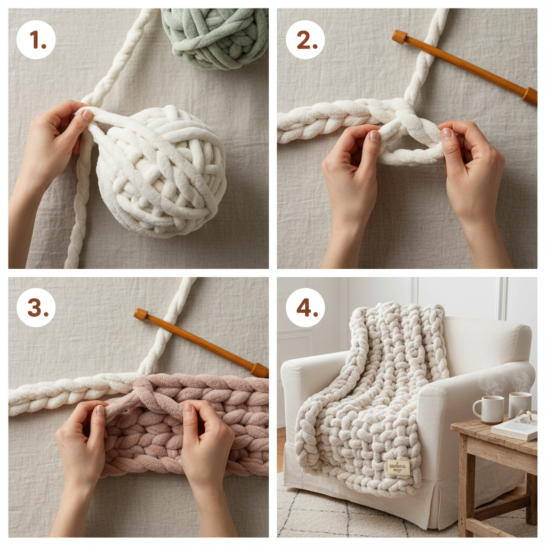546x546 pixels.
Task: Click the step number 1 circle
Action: click(36, 39)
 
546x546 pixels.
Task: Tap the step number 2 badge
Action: click(306, 39)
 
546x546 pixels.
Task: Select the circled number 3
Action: click(36, 308)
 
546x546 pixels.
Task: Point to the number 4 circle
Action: click(306, 308)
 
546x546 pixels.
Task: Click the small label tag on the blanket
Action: click(399, 467)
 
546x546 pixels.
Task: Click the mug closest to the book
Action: click(519, 404)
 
